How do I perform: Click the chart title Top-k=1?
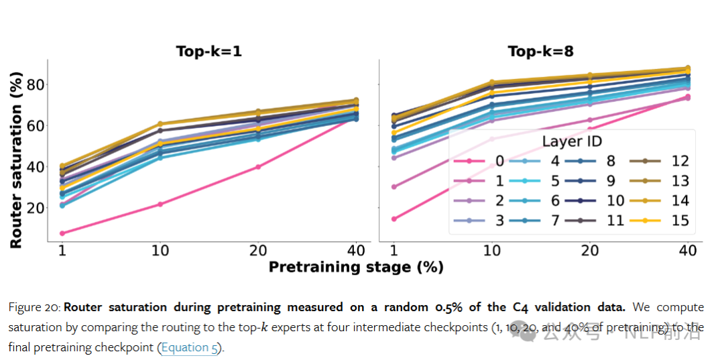click(x=208, y=52)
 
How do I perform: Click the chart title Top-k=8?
click(x=540, y=52)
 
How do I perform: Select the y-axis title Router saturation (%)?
click(x=16, y=154)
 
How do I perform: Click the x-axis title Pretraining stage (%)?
click(x=356, y=267)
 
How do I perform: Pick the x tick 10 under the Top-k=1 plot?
click(x=160, y=251)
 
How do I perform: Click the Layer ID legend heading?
click(x=572, y=141)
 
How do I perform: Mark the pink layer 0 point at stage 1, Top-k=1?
click(x=62, y=233)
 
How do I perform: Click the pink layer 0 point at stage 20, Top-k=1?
click(x=257, y=167)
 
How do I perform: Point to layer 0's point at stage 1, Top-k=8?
click(x=394, y=219)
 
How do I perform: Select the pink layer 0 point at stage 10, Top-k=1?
click(x=160, y=204)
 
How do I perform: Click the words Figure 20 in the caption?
click(x=34, y=307)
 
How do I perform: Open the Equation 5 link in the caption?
click(x=190, y=349)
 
